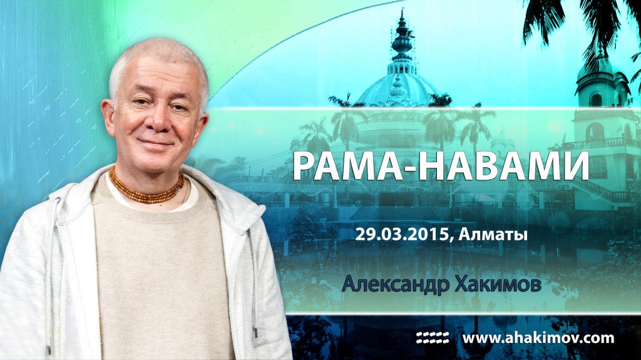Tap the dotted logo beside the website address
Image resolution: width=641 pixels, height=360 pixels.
click(432, 338)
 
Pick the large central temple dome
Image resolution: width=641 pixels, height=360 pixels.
click(401, 88)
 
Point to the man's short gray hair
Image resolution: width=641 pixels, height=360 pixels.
click(156, 56)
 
